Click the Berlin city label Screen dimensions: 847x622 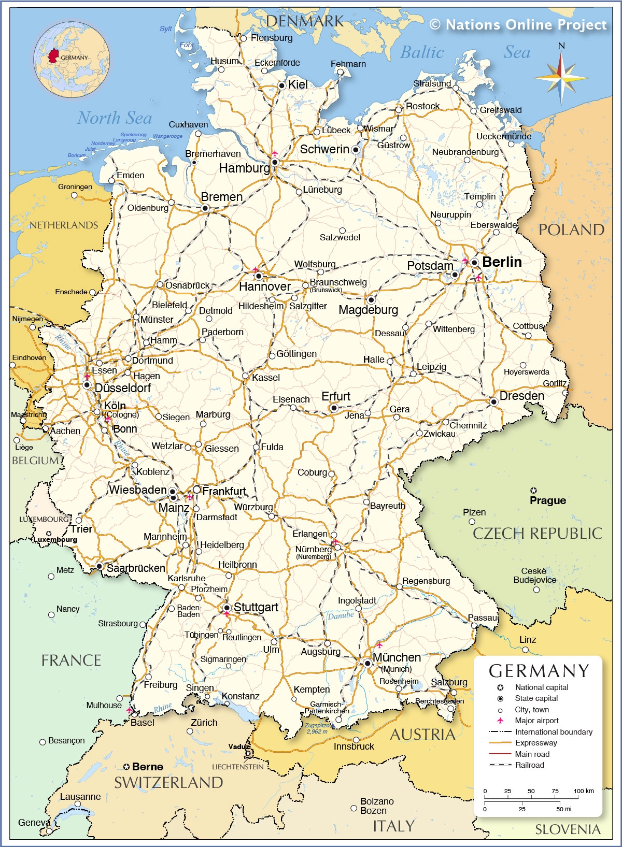point(502,262)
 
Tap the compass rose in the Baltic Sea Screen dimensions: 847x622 point(561,79)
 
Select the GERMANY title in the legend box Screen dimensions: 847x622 point(539,671)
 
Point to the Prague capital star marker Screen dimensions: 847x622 point(533,490)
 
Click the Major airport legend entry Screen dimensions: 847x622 point(536,721)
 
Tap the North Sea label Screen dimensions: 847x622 point(115,118)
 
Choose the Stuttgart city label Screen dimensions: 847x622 point(256,607)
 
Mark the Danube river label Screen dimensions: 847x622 point(341,615)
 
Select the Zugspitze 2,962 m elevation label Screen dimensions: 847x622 point(317,728)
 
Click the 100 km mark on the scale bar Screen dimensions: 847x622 point(584,791)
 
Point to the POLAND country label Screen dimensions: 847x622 point(571,230)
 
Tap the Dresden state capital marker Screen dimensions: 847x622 point(494,401)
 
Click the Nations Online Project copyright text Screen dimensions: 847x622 point(518,24)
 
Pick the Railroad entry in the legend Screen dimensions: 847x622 point(529,765)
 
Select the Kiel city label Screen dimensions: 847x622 point(298,84)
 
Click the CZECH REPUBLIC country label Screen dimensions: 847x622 point(537,533)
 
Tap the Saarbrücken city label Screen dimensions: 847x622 point(136,568)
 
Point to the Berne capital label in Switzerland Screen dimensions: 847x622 point(147,767)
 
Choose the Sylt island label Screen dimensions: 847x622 point(166,28)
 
